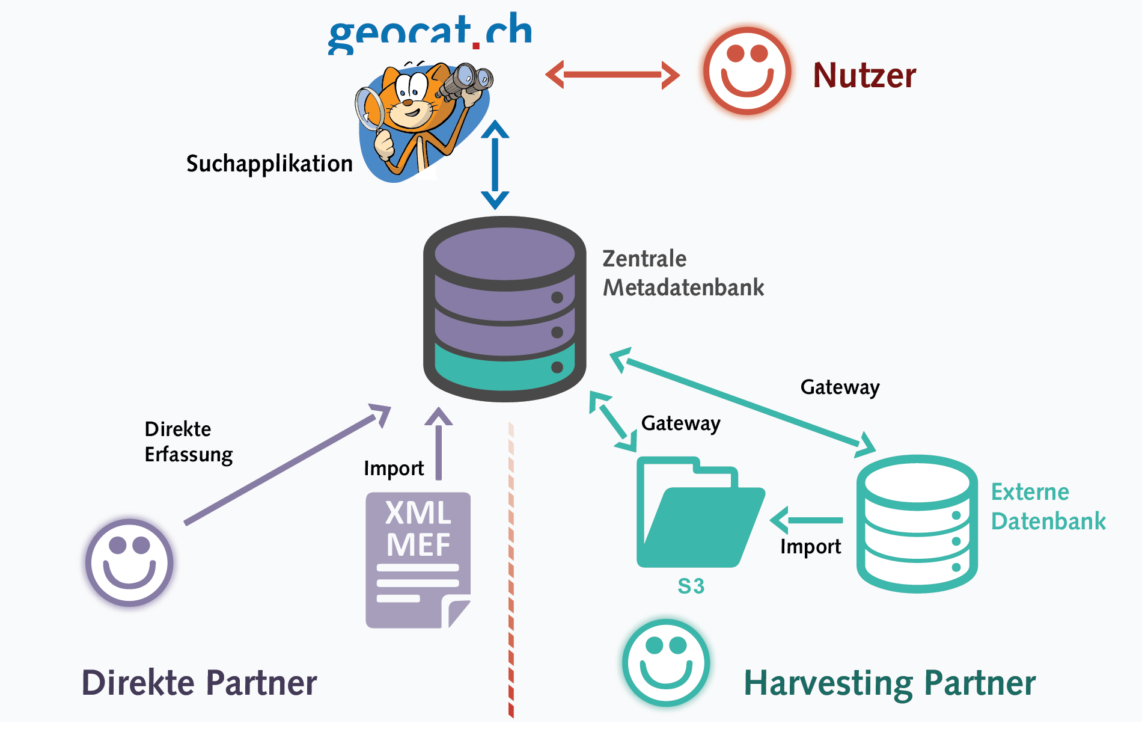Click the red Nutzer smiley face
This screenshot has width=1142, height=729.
(747, 71)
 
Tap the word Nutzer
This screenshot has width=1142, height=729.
(864, 76)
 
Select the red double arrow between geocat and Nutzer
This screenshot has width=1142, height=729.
(612, 75)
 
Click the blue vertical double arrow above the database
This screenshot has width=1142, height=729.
(495, 164)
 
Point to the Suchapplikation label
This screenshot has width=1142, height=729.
(269, 164)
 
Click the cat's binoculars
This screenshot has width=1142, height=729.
(465, 82)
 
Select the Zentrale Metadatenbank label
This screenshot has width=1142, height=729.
(683, 273)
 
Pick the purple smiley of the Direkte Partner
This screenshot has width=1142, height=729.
(129, 562)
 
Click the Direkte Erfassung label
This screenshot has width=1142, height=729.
(188, 442)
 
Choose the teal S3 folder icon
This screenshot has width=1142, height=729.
(697, 514)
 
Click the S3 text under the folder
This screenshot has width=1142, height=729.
(691, 586)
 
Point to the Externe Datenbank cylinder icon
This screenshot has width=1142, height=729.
(917, 523)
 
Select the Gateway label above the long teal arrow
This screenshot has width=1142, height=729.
(840, 387)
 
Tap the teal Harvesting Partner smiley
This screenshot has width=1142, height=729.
(666, 662)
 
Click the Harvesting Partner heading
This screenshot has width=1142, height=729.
(890, 683)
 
